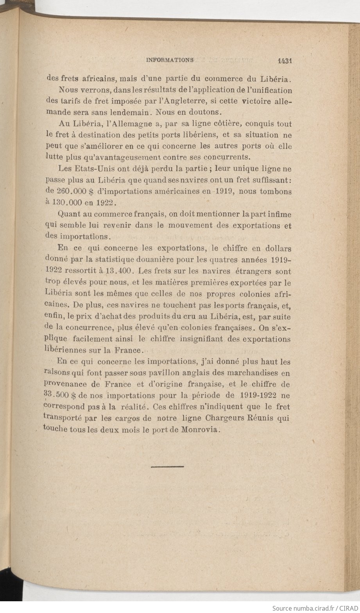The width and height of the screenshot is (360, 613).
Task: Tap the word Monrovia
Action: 201,429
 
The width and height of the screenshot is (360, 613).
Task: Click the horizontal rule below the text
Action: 167,466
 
